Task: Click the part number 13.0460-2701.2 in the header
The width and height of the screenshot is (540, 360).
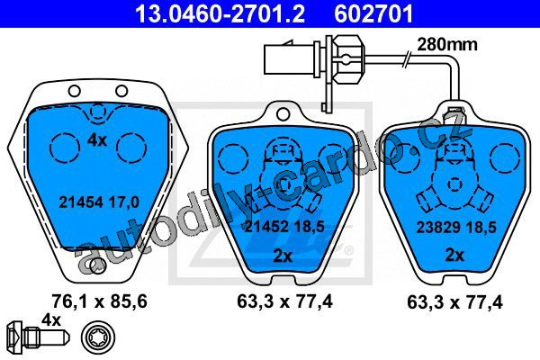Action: tap(220, 13)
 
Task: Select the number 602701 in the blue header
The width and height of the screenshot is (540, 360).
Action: tap(373, 13)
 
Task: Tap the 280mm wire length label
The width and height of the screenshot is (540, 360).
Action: tap(447, 44)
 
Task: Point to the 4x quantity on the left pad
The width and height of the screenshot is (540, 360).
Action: tap(97, 140)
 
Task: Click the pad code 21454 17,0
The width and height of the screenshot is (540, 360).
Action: tap(99, 202)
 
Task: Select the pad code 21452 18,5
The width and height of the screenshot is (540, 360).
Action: tap(284, 226)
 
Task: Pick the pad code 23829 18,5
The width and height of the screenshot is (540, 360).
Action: tap(456, 228)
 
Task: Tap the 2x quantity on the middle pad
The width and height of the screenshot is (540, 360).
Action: tap(283, 256)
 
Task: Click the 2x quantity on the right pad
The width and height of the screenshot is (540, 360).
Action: tap(454, 256)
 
